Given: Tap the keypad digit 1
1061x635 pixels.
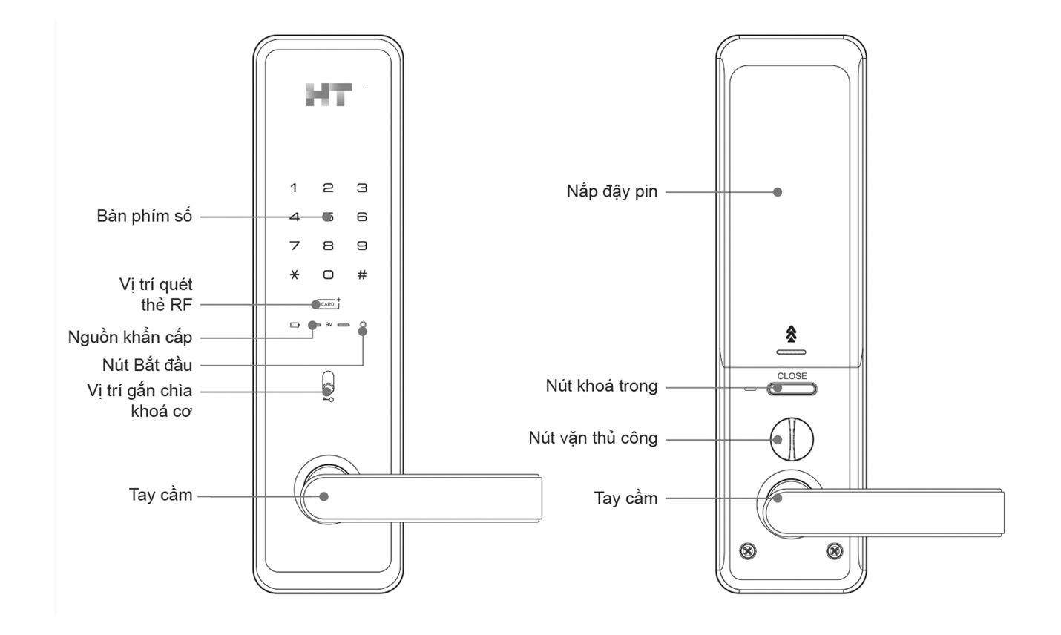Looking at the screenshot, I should [x=294, y=188].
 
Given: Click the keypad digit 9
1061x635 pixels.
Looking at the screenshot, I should [x=362, y=246].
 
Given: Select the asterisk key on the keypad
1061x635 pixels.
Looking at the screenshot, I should [x=295, y=274].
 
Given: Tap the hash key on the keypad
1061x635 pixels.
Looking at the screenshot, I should [x=362, y=274].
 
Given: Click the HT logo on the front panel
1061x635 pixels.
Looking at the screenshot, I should [x=329, y=95].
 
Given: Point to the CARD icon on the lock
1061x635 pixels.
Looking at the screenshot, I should [x=327, y=304].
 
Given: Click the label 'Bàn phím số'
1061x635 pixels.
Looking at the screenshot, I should [x=145, y=217].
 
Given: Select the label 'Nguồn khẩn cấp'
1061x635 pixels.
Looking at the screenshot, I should [x=131, y=338].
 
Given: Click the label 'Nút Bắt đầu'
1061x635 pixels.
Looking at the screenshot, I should [x=148, y=365].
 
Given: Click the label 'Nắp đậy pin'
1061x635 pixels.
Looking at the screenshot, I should [x=612, y=191].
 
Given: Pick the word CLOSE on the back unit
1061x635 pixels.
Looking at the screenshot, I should [x=792, y=376].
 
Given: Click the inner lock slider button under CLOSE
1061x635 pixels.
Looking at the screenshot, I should [x=792, y=389].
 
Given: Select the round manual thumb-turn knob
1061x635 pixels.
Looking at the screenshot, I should [x=792, y=439].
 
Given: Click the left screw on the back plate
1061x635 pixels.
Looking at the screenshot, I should [x=749, y=551].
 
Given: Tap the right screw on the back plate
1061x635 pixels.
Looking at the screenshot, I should [x=835, y=551].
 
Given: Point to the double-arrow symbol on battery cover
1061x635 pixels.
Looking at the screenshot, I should [x=792, y=334].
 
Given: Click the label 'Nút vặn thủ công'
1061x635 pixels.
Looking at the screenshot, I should [x=593, y=438].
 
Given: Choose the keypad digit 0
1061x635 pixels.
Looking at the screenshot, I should [x=328, y=274].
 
